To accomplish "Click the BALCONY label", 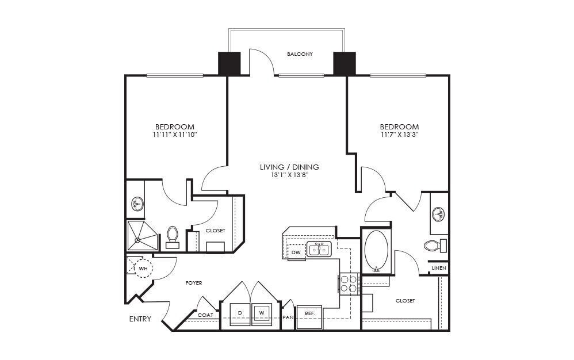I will [300, 54].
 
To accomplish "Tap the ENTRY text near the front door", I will [140, 319].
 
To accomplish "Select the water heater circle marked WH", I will [143, 267].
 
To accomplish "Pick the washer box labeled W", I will [262, 313].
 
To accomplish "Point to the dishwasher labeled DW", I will [296, 252].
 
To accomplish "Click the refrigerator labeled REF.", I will [309, 315].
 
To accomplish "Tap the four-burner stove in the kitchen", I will [349, 283].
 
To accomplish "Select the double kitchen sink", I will [319, 250].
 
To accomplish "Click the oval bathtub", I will [376, 251].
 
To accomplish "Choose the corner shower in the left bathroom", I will [141, 236].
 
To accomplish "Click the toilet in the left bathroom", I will [172, 236].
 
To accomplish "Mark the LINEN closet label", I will [439, 269].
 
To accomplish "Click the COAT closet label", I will [205, 315].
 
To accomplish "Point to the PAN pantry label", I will [288, 317].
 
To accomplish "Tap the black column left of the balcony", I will [229, 63].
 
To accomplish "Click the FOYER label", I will [194, 283].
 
